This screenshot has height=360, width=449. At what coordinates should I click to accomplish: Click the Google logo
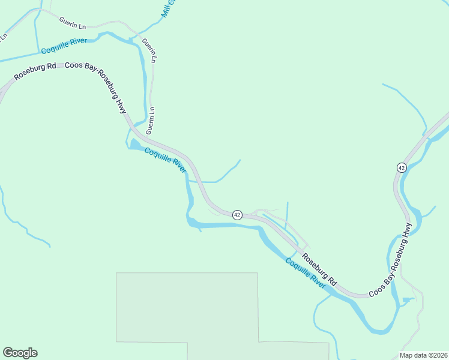pyautogui.click(x=20, y=353)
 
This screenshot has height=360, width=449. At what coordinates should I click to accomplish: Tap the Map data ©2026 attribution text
pyautogui.click(x=424, y=355)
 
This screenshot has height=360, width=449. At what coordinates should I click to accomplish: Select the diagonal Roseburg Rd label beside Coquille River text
pyautogui.click(x=319, y=269)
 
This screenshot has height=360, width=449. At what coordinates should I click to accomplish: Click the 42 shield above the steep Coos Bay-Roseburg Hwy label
pyautogui.click(x=402, y=167)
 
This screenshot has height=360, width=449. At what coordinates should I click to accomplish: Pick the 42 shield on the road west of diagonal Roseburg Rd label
pyautogui.click(x=237, y=215)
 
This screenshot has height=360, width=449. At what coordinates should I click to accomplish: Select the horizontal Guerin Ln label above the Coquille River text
pyautogui.click(x=73, y=23)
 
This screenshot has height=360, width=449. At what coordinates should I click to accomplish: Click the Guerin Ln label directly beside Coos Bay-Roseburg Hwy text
pyautogui.click(x=151, y=120)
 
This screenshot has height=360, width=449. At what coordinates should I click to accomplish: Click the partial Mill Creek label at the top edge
pyautogui.click(x=169, y=7)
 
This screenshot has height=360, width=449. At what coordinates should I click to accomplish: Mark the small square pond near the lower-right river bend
pyautogui.click(x=408, y=299)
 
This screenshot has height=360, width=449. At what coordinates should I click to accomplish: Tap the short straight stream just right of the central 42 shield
pyautogui.click(x=288, y=212)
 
